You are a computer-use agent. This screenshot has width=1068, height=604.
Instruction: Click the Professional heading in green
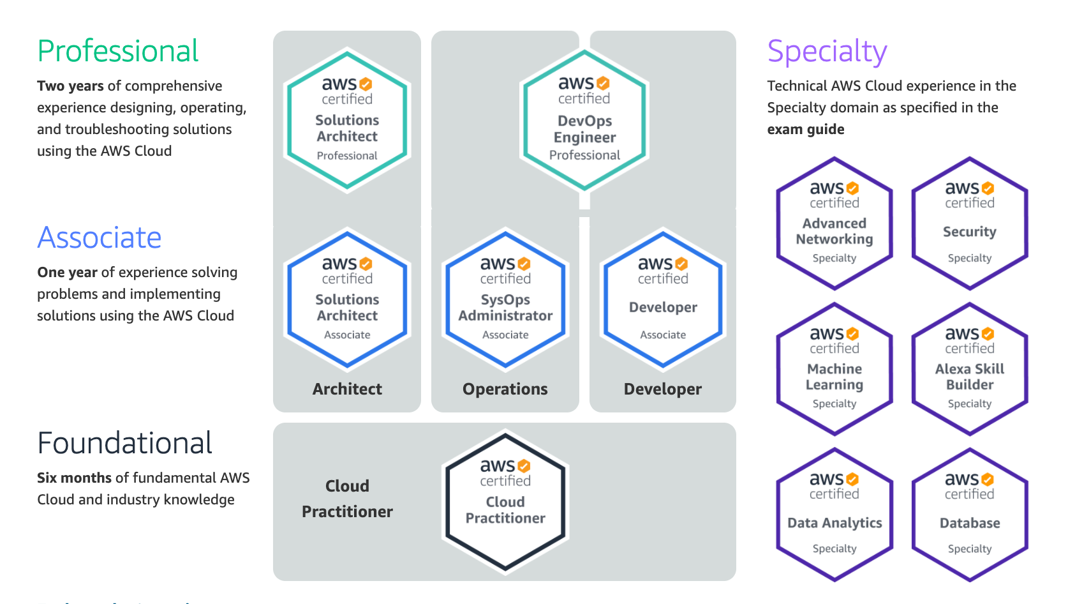(x=118, y=51)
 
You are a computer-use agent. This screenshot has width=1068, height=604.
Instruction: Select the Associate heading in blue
(x=100, y=238)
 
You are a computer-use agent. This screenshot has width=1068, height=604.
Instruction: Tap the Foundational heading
(x=125, y=443)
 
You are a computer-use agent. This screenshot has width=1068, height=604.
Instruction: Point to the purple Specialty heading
(x=827, y=51)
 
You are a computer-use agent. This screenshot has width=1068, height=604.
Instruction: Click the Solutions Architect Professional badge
(x=347, y=120)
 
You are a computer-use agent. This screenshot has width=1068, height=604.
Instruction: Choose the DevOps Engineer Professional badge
(x=584, y=120)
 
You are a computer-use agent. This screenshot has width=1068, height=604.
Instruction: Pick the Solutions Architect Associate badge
(x=347, y=299)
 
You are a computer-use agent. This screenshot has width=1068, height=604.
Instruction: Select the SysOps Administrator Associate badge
(x=505, y=299)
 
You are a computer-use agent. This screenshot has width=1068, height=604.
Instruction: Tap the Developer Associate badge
(x=663, y=299)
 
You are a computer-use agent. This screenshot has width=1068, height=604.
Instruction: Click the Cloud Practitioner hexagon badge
(x=505, y=502)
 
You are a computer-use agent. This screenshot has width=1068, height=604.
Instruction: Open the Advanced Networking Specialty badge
(x=834, y=223)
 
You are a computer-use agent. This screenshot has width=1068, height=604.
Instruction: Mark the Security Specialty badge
(x=970, y=223)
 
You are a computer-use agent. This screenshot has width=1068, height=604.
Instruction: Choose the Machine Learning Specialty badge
(x=834, y=369)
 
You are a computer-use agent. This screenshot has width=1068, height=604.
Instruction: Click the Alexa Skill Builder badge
(x=970, y=369)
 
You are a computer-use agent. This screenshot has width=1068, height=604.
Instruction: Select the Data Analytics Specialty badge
(x=834, y=515)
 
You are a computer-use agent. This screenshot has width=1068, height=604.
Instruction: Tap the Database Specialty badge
(x=970, y=515)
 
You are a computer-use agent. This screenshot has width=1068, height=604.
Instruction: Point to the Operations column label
(x=505, y=389)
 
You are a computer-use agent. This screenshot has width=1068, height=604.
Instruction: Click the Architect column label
(x=347, y=389)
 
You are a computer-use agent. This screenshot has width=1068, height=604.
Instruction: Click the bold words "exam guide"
(x=806, y=130)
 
